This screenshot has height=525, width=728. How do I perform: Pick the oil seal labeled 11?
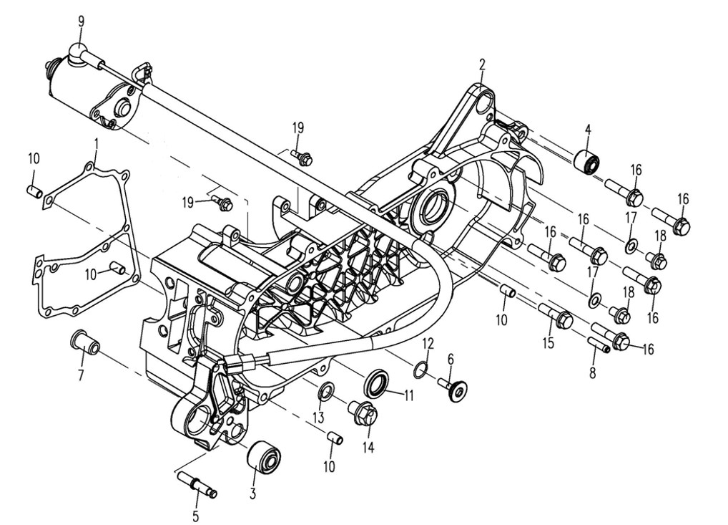(x=377, y=380)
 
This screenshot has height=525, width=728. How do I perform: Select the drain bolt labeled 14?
(x=364, y=412)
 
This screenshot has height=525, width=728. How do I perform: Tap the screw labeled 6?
(x=453, y=387)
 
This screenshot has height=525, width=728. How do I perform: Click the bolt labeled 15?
(x=556, y=314)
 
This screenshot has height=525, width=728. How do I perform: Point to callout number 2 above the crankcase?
(x=483, y=64)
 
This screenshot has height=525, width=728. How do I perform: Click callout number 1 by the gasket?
(x=97, y=144)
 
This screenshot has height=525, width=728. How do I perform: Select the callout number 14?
(x=368, y=448)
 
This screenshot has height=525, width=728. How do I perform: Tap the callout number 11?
(x=408, y=395)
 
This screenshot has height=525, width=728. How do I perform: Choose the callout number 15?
(x=549, y=343)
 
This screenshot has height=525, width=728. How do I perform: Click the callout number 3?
(x=252, y=493)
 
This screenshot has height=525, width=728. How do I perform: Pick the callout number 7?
(x=81, y=375)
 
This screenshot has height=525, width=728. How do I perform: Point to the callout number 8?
(x=592, y=372)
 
